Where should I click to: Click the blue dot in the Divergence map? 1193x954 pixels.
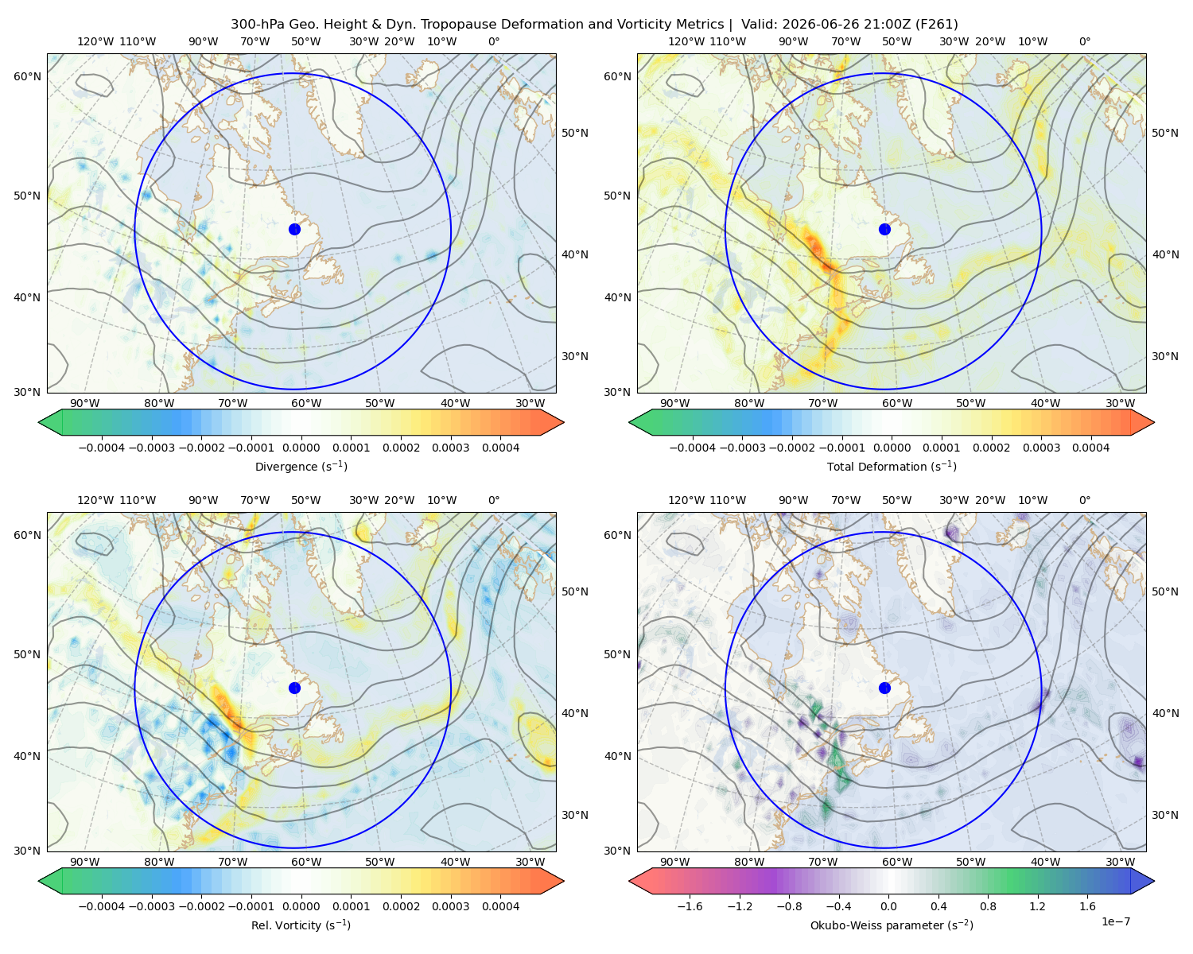coord(294,229)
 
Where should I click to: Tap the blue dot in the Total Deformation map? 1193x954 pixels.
coord(884,229)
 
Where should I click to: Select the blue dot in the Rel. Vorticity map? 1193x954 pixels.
coord(294,688)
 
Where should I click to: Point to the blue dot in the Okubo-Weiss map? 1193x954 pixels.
coord(884,688)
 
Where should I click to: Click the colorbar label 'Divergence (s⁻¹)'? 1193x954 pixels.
coord(301,466)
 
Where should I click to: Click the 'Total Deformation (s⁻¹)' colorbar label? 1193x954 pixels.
coord(892,466)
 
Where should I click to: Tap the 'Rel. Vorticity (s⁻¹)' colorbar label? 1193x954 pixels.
coord(301,925)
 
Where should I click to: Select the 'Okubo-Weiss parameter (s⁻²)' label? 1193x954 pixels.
coord(892,925)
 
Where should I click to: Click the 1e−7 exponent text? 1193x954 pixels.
coord(1115,921)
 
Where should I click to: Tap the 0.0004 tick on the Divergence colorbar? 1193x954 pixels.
coord(500,448)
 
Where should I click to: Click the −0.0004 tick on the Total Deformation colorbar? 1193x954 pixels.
coord(693,448)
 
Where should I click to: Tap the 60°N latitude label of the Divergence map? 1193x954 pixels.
coord(27,76)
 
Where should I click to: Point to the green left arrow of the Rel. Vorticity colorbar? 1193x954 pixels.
coord(50,881)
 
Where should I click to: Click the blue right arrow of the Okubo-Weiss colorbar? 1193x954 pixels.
coord(1143,881)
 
